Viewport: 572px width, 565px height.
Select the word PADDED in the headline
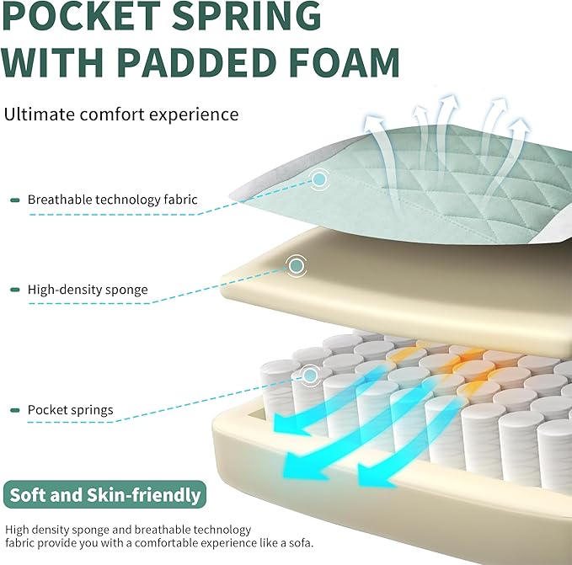pos(196,62)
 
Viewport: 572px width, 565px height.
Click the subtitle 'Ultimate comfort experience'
pos(121,115)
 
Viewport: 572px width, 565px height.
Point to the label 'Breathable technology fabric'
pos(112,200)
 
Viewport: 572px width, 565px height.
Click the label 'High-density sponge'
pos(88,290)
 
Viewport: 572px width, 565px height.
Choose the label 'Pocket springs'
pos(71,410)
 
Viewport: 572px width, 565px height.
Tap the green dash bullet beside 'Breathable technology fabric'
pos(15,200)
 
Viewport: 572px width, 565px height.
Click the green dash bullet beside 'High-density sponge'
pos(15,290)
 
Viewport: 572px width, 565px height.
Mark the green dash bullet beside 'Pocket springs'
pos(15,410)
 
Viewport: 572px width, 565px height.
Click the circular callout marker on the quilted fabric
pos(319,179)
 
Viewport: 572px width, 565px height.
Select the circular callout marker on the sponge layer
pos(297,265)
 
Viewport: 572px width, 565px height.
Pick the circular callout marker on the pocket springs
pos(310,375)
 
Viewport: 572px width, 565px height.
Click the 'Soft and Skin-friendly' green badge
pos(104,494)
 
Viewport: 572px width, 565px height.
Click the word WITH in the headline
pos(52,62)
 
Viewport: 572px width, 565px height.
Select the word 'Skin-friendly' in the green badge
pos(144,495)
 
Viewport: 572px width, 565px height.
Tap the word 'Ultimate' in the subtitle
pos(39,115)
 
